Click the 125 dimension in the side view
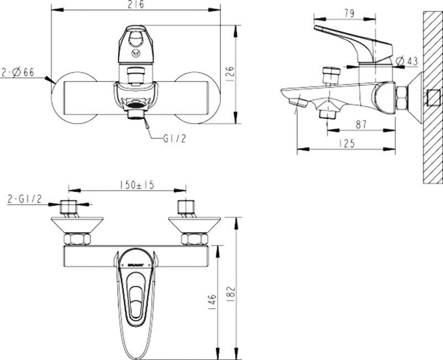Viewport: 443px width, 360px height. [347, 144]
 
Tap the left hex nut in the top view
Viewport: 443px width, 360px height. [77, 240]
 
